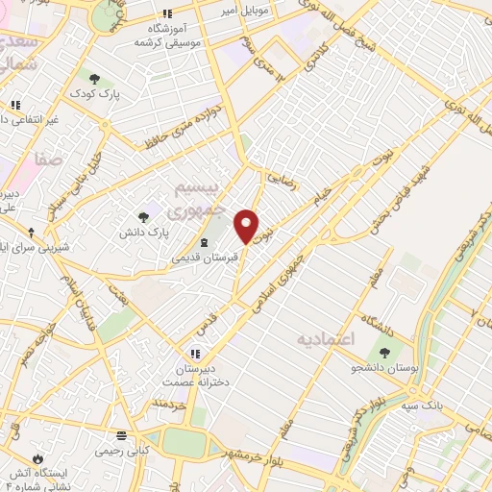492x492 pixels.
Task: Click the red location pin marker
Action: (247, 227)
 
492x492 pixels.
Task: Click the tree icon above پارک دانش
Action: (143, 218)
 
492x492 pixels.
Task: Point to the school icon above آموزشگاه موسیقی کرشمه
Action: (167, 13)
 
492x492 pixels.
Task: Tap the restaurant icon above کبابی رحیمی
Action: (121, 434)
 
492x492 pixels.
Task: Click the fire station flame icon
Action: (37, 458)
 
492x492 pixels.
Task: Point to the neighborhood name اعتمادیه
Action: (326, 339)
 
